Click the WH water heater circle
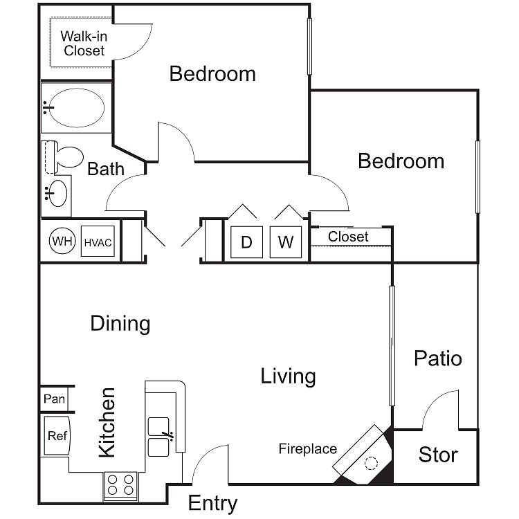pos(62,241)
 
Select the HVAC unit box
pos(98,241)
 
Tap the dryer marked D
pos(246,242)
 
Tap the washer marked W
pos(286,242)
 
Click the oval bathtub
pos(76,108)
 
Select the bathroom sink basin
pos(57,193)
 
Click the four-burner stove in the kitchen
pos(120,485)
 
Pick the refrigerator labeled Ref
pos(57,435)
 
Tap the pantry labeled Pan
pos(55,399)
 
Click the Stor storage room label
pos(438,455)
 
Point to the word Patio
pos(438,358)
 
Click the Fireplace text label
pos(308,449)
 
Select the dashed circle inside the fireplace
pos(371,463)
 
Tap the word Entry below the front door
pos(213,504)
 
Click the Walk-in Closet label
pos(84,44)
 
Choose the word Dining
pos(120,323)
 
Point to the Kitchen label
pos(107,423)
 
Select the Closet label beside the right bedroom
pos(348,237)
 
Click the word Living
pos(288,376)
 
